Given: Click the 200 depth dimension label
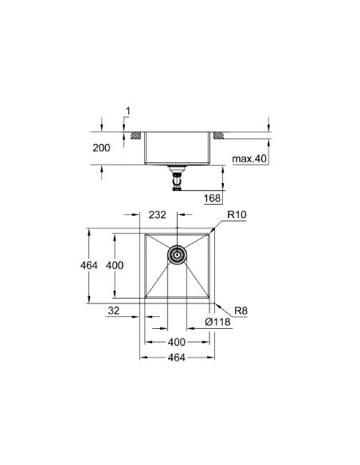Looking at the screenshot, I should click(x=101, y=149).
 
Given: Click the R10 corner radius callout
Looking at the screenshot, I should click(x=237, y=214).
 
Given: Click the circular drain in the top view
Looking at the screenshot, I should click(x=178, y=255).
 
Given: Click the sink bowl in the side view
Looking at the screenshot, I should click(x=178, y=147).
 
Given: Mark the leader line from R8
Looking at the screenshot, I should click(x=220, y=307).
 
